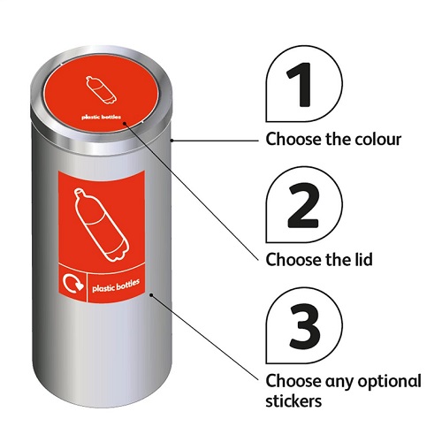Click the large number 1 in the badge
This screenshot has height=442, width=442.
tap(302, 86)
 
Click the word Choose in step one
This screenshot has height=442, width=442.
tap(291, 140)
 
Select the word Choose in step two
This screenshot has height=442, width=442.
tap(291, 260)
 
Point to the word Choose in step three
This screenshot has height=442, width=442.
tap(291, 381)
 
